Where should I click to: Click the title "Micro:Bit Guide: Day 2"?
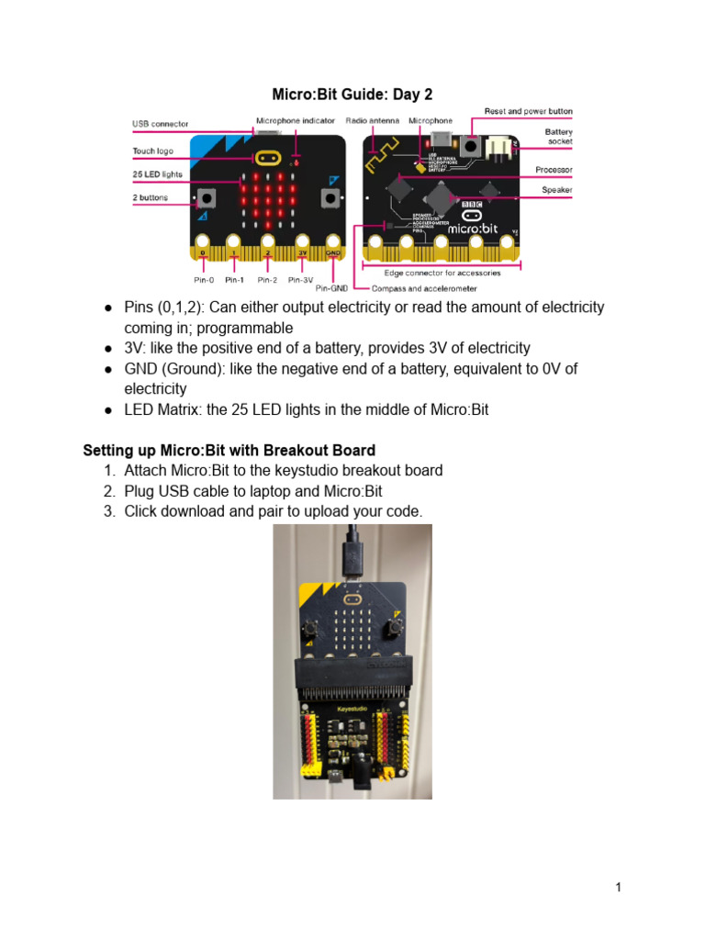[x=352, y=95]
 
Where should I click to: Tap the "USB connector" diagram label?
[x=160, y=123]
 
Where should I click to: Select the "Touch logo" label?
[x=152, y=151]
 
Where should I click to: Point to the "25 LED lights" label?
[x=157, y=173]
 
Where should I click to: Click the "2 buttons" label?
[x=151, y=197]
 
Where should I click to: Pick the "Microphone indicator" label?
[x=295, y=120]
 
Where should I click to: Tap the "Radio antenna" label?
[x=372, y=120]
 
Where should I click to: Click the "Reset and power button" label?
[x=528, y=111]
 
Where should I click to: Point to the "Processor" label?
[x=554, y=170]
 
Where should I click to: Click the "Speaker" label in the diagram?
[x=556, y=190]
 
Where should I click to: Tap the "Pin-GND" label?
[x=330, y=288]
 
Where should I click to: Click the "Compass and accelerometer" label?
[x=424, y=288]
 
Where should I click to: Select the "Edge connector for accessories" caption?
[x=442, y=273]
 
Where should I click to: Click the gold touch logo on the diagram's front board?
[x=267, y=157]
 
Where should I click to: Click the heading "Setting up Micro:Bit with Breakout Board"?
[x=229, y=450]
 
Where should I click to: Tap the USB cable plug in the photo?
[x=351, y=554]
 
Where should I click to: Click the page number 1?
[x=619, y=887]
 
